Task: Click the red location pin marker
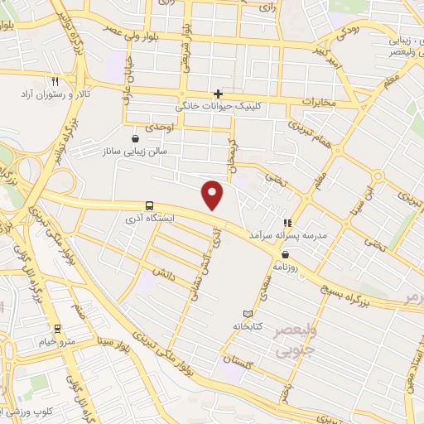214,195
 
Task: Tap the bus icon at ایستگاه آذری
149,205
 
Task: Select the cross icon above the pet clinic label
218,94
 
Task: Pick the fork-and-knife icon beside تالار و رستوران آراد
55,83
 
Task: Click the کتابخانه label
269,325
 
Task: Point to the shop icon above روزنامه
286,254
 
